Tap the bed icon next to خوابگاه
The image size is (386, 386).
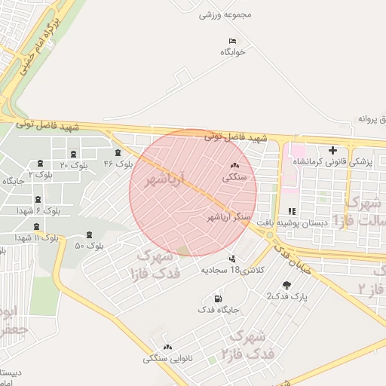coord(232,40)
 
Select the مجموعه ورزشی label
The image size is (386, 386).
coord(224,14)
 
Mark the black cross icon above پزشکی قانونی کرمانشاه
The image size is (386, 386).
coord(332,151)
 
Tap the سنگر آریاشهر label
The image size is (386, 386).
coord(229,216)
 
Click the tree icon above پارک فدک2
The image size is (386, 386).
coord(286,284)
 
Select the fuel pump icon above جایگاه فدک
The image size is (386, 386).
coord(219,299)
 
